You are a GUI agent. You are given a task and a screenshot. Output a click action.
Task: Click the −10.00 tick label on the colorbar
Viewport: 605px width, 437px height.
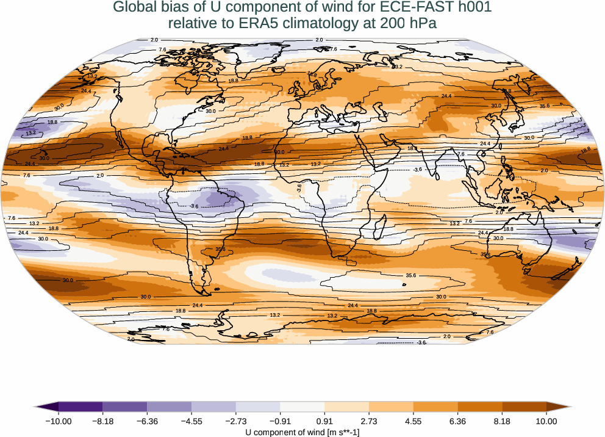pos(59,421)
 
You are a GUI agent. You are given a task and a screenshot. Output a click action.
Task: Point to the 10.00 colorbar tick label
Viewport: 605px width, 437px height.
pos(546,421)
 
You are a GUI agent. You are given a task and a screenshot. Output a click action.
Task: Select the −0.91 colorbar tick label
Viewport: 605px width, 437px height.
pos(280,421)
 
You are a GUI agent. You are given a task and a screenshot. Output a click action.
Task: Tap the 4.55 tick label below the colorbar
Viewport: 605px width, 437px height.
pos(413,421)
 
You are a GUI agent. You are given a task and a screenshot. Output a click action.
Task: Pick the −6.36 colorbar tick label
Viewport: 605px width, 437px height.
pos(147,421)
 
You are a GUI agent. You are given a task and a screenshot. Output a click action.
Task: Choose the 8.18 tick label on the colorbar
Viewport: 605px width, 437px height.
pos(502,421)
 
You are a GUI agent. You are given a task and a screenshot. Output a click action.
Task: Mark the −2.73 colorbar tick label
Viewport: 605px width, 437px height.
pos(235,421)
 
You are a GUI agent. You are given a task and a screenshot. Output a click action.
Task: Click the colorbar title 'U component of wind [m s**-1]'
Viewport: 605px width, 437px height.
pos(302,432)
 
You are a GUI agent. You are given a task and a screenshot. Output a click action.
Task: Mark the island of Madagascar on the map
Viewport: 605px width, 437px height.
pos(378,230)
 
